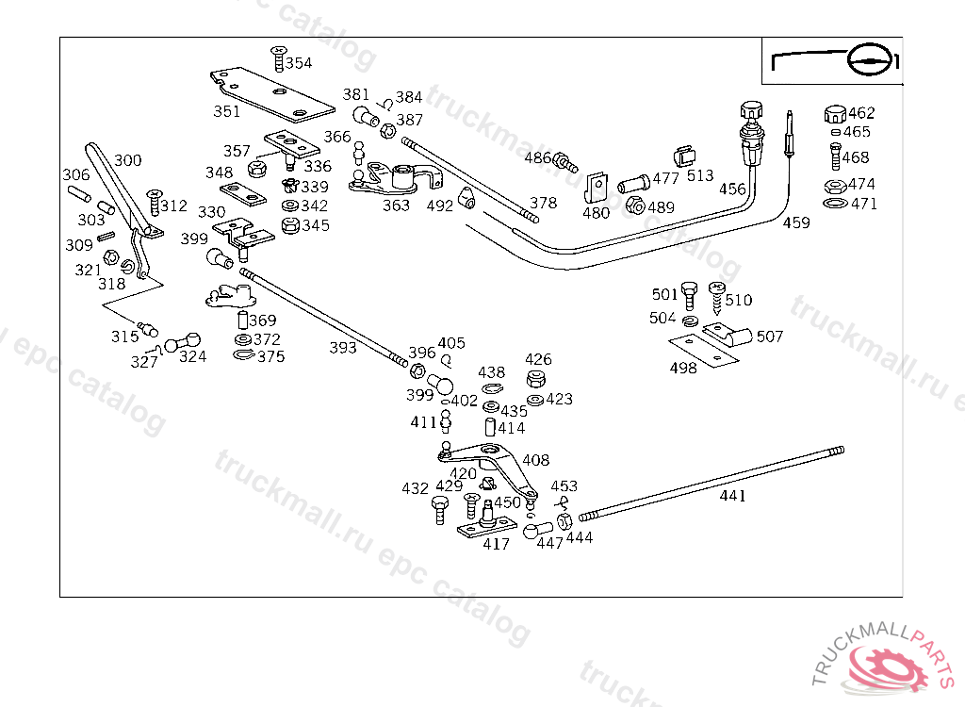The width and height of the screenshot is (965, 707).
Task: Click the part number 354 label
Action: click(x=299, y=63)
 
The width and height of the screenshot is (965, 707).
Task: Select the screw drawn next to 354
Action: click(x=278, y=58)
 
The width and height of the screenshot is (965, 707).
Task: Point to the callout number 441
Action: click(x=732, y=496)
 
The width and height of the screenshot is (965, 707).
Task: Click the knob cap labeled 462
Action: click(x=835, y=115)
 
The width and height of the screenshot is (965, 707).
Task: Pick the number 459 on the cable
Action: click(x=796, y=222)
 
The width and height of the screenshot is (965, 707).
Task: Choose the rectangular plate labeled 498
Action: click(x=703, y=351)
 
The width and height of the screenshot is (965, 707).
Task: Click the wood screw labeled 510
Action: click(x=716, y=298)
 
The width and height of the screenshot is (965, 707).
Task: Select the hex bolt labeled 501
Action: click(x=689, y=296)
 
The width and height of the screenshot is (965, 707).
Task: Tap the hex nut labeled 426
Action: click(x=536, y=378)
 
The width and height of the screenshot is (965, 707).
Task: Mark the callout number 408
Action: click(x=535, y=460)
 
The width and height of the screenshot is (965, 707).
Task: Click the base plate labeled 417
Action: click(x=485, y=528)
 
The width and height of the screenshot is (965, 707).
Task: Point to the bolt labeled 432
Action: click(x=440, y=511)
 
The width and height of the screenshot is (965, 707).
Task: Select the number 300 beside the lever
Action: click(x=128, y=160)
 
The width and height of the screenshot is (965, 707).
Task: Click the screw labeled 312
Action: click(x=154, y=203)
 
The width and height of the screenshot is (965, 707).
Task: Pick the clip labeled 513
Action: click(x=683, y=157)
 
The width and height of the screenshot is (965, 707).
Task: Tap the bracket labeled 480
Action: click(x=596, y=188)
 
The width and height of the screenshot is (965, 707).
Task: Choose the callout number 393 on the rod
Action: click(x=343, y=348)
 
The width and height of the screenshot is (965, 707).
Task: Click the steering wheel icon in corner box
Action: click(x=870, y=60)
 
